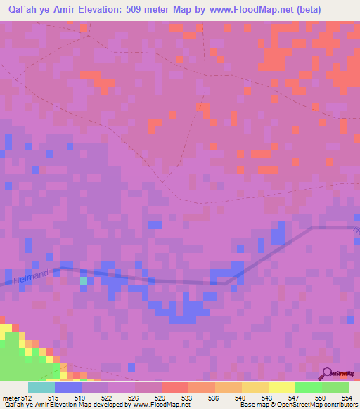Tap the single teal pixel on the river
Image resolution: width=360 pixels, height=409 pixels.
click(84, 280)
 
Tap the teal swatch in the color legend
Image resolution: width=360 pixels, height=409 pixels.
click(41, 387)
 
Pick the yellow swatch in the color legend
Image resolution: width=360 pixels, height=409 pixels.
click(255, 387)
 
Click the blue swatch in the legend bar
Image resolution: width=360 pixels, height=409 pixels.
click(68, 387)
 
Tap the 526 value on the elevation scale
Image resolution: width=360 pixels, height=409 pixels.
click(134, 398)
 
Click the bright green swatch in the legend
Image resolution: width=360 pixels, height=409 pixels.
click(308, 387)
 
